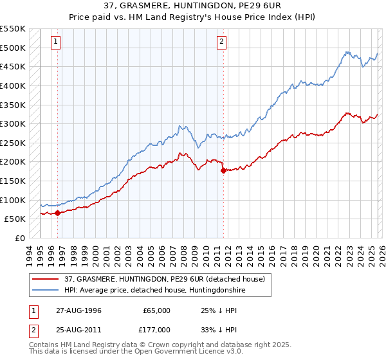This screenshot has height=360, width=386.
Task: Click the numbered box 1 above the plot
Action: point(57,42)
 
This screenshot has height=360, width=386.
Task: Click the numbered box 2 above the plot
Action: point(221,42)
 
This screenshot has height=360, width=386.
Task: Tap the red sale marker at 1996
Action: point(58,213)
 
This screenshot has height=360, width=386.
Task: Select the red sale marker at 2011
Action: point(223,170)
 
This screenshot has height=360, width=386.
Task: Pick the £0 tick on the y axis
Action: point(21,238)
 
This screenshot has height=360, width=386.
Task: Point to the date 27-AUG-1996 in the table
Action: point(78,310)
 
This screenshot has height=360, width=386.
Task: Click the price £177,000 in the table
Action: point(156,330)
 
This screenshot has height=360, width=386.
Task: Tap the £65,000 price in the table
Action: point(156,310)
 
